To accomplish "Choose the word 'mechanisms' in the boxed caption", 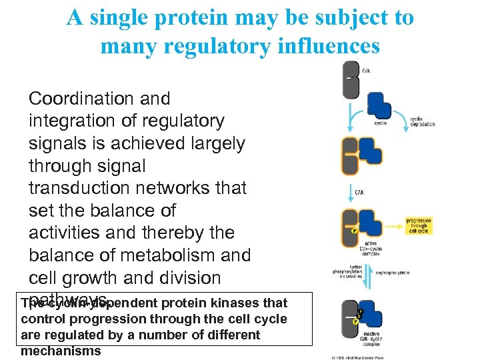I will click(x=61, y=351).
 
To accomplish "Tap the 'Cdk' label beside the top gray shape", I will click(x=366, y=70).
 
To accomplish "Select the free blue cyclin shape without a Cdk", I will click(x=379, y=105).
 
